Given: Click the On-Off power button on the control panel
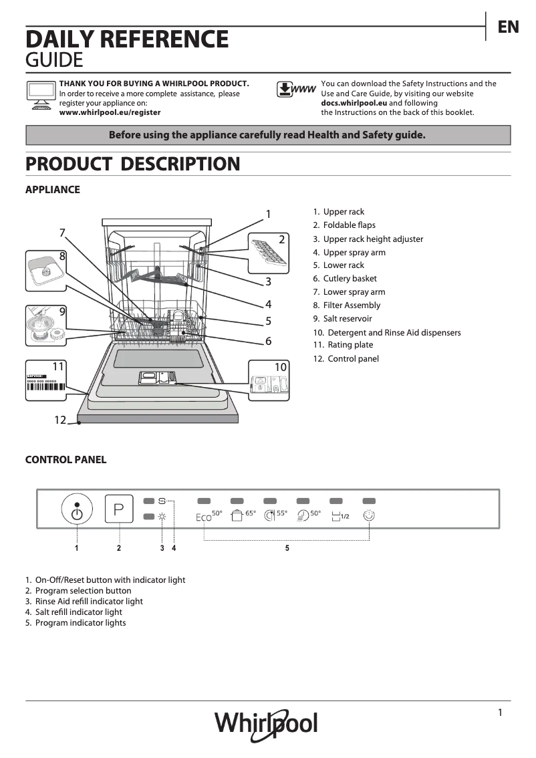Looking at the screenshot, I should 77,511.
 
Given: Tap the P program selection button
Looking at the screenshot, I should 119,509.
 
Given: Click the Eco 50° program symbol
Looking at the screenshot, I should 208,515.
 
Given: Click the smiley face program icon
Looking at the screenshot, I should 369,515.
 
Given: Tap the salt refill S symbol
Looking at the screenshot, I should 162,500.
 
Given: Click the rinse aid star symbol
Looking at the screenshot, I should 162,517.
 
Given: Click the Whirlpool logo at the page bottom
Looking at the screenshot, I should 266,725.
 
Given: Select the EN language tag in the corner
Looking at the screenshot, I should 508,27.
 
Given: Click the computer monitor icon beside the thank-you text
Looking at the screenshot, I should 41,94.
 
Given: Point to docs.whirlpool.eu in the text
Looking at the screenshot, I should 354,104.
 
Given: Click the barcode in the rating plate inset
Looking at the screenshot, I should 46,386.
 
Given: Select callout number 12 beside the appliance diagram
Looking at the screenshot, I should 60,420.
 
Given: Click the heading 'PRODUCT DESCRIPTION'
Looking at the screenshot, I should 132,164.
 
